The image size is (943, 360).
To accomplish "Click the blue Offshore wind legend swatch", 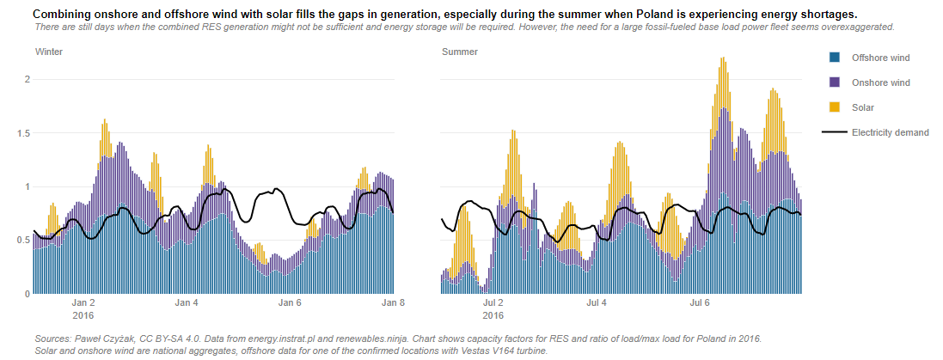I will point(833,58).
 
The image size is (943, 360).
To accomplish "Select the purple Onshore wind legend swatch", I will point(833,82).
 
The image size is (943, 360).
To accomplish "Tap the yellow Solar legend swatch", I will point(833,107).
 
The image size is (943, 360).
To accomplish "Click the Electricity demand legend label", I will point(890,132).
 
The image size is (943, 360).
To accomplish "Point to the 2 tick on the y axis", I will point(27,79).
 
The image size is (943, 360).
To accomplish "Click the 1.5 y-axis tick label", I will point(23,133).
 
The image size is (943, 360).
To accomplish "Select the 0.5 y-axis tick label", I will point(23,241).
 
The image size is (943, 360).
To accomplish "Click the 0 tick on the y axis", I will point(27,294).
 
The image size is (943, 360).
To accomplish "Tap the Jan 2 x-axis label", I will point(83,302).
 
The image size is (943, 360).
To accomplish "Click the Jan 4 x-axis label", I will point(187,302).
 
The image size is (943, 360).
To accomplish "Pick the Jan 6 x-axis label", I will point(291,302).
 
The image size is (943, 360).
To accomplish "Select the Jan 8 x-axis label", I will point(393,302).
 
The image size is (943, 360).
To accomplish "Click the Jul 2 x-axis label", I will point(493,302).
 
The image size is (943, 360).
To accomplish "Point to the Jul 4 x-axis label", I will point(597,302).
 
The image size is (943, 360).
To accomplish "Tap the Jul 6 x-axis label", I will point(701,302).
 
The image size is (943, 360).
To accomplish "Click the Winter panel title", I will point(48,52).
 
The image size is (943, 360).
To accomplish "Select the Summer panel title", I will point(460,52).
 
